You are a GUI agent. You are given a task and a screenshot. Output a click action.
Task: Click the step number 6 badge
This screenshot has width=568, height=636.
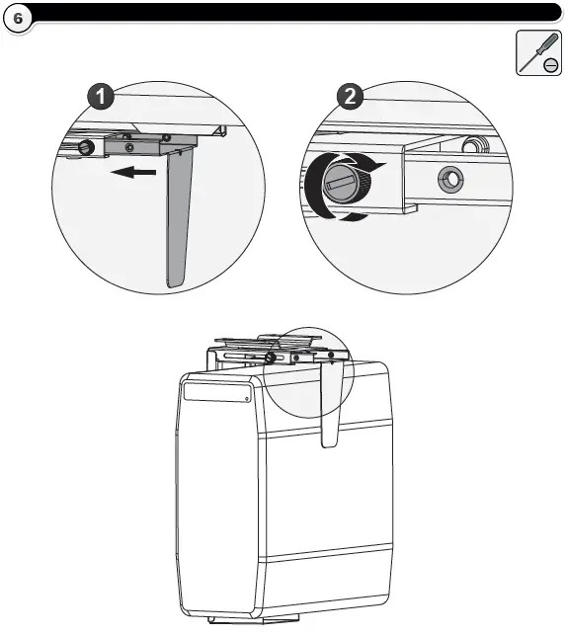click(x=18, y=18)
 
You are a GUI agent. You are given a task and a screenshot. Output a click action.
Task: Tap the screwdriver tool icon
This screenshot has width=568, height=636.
click(x=538, y=52)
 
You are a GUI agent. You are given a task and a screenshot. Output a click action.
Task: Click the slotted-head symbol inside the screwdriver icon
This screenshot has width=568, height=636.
click(x=550, y=65)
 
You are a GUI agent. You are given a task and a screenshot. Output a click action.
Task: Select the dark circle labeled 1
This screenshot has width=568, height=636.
click(x=101, y=96)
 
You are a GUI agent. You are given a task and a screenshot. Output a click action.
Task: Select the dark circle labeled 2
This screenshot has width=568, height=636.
click(x=350, y=96)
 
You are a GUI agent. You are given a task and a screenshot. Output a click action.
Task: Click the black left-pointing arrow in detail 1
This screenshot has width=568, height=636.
click(x=133, y=173)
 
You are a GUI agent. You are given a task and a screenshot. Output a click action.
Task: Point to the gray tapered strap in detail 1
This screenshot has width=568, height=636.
click(x=180, y=217)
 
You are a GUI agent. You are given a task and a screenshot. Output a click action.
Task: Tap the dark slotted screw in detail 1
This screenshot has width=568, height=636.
click(x=86, y=147)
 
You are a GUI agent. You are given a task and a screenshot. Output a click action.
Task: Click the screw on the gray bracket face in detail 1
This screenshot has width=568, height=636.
click(x=129, y=147)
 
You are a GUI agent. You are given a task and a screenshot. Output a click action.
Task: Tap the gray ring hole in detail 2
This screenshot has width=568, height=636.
click(x=450, y=179)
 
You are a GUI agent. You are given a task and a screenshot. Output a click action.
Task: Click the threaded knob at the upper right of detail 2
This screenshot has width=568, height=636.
click(x=475, y=145)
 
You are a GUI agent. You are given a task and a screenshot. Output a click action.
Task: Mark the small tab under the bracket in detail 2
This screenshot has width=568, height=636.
click(x=410, y=208)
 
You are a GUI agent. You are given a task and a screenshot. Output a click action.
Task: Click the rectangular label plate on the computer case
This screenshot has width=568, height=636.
click(x=217, y=392)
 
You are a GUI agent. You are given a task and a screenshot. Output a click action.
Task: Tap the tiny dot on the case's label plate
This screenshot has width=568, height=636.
click(x=247, y=399)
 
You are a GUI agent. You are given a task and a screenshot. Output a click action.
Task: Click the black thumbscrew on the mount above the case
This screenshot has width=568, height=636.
click(x=271, y=358)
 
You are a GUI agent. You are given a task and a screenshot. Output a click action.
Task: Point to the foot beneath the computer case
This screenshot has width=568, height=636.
click(x=254, y=620)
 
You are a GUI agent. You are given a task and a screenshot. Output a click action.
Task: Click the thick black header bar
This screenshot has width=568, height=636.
click(x=296, y=12)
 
